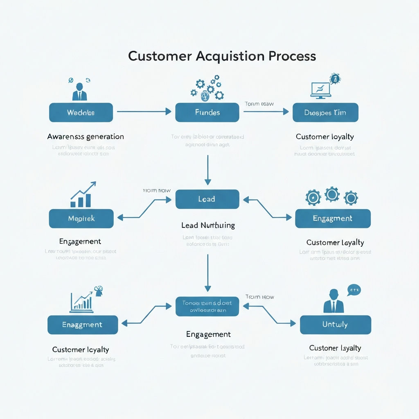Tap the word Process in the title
pos(292,56)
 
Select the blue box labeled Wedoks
pos(81,113)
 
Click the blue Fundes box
pos(207,113)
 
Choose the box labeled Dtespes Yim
pos(325,113)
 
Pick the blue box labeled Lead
pos(207,199)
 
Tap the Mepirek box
pos(81,219)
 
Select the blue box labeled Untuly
pos(335,325)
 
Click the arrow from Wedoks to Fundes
pos(144,111)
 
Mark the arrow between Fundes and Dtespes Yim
pos(266,111)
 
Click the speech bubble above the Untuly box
pos(354,290)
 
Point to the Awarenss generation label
pos(86,137)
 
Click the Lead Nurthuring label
pos(208,225)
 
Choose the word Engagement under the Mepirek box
pos(80,241)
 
